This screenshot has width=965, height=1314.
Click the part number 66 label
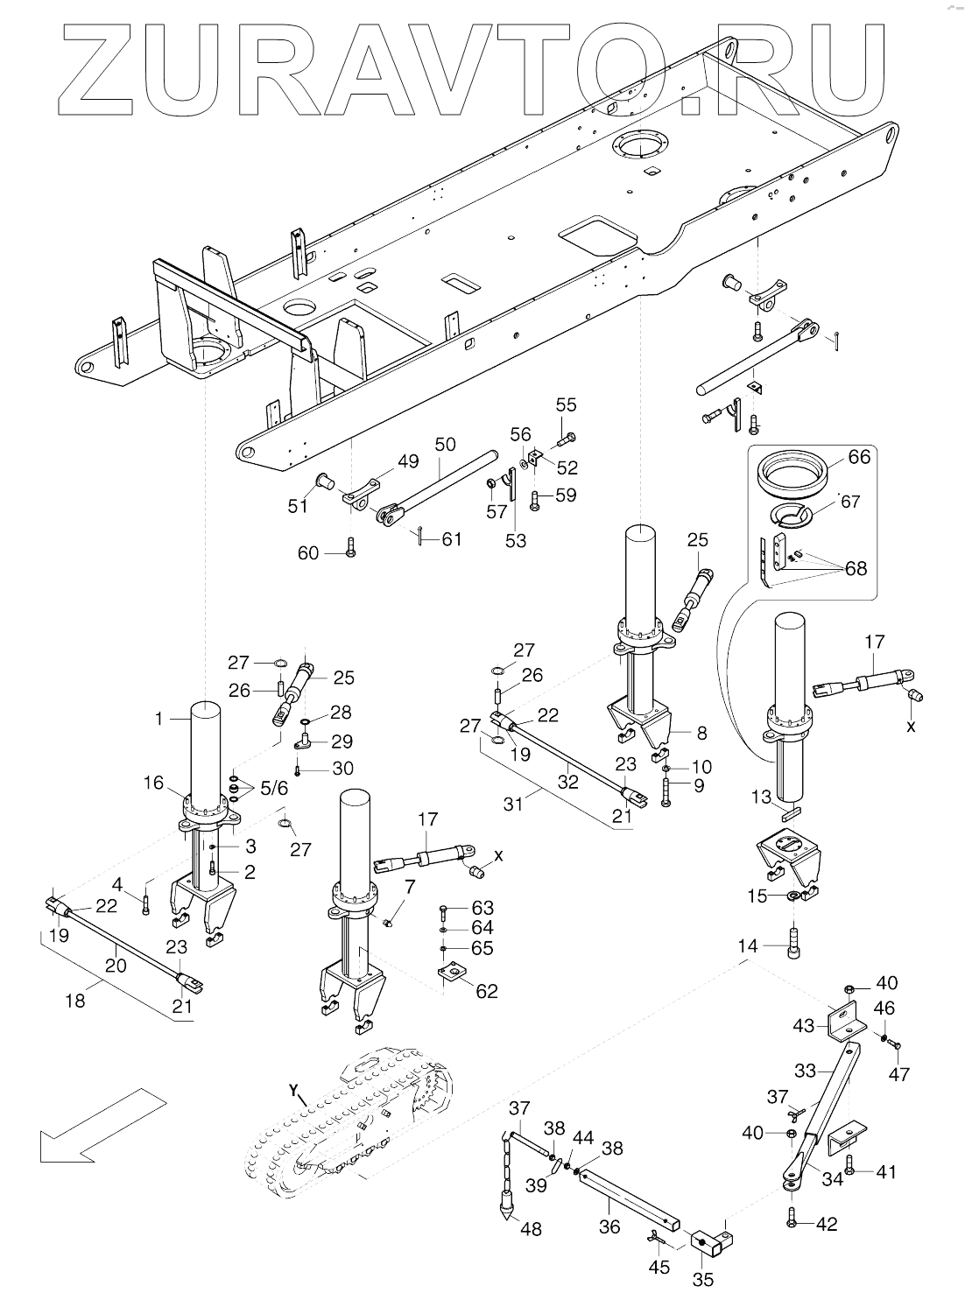pos(859,456)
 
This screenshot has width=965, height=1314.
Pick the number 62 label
pos(486,991)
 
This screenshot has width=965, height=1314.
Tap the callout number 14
pos(748,945)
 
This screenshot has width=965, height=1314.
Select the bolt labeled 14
pos(793,941)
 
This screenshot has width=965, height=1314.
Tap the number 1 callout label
pos(158,718)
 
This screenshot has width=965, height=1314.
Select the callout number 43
pos(804,1025)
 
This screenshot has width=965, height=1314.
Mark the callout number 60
pos(308,552)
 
